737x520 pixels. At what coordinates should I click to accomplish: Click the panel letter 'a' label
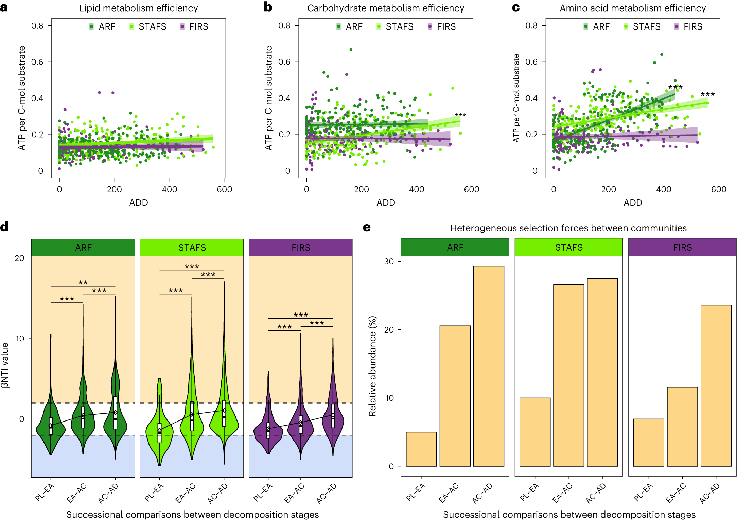pyautogui.click(x=4, y=7)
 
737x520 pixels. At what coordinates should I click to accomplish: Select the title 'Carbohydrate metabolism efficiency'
pyautogui.click(x=385, y=8)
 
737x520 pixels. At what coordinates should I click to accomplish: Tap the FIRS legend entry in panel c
pyautogui.click(x=688, y=26)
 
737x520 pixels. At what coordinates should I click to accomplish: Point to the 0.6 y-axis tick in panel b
pyautogui.click(x=284, y=62)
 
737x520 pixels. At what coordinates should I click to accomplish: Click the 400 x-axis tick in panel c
pyautogui.click(x=664, y=189)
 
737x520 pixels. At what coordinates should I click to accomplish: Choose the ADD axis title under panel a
pyautogui.click(x=139, y=203)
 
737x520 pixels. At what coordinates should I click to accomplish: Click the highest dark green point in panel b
pyautogui.click(x=351, y=50)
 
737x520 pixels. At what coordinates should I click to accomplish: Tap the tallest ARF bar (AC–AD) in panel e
pyautogui.click(x=489, y=366)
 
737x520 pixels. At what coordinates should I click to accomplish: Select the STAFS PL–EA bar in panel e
pyautogui.click(x=535, y=432)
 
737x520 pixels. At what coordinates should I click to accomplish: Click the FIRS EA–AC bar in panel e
pyautogui.click(x=682, y=427)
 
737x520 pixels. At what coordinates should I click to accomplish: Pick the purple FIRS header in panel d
pyautogui.click(x=301, y=248)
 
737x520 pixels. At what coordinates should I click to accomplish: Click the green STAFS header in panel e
pyautogui.click(x=568, y=247)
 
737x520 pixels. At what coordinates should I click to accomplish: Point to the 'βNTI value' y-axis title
pyautogui.click(x=5, y=365)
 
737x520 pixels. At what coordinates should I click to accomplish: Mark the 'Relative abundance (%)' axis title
pyautogui.click(x=372, y=366)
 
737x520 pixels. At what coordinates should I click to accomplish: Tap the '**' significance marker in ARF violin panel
pyautogui.click(x=83, y=283)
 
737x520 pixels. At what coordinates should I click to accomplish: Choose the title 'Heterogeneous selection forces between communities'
pyautogui.click(x=568, y=228)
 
